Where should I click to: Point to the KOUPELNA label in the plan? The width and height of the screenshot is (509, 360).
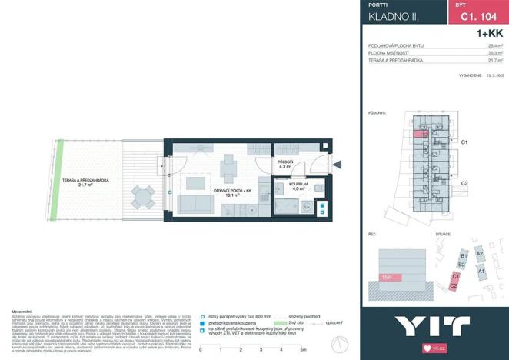click(298, 185)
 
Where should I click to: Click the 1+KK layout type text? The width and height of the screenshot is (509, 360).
click(489, 33)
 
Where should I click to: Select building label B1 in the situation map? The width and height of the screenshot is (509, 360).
click(463, 256)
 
